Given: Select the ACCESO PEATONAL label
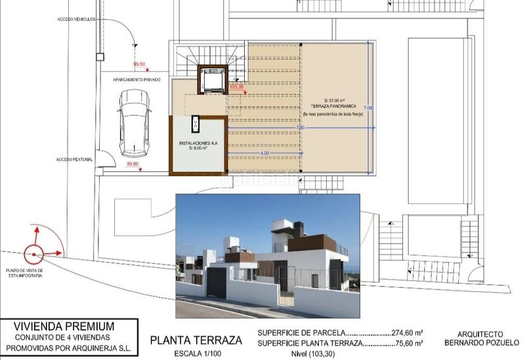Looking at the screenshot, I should (74, 159).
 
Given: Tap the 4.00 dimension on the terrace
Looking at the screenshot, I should (264, 153).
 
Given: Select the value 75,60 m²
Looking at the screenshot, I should (408, 343).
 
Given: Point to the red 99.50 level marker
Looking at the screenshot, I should (138, 64).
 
